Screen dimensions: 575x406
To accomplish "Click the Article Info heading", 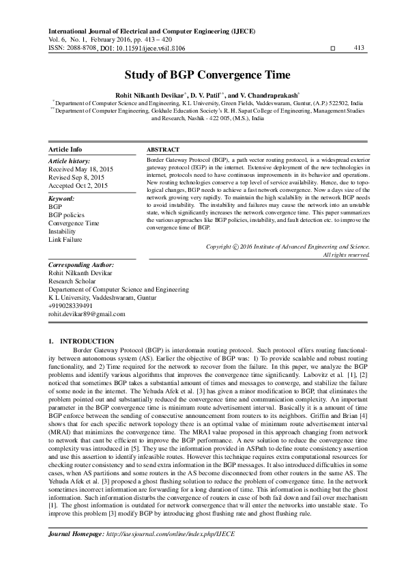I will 66,149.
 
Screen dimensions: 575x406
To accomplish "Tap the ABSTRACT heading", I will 163,149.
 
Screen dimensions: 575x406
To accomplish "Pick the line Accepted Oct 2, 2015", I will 78,185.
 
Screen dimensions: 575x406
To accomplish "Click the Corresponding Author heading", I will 81,264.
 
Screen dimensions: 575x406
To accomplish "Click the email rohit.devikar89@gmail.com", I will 87,314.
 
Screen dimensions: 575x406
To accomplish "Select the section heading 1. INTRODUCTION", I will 81,340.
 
